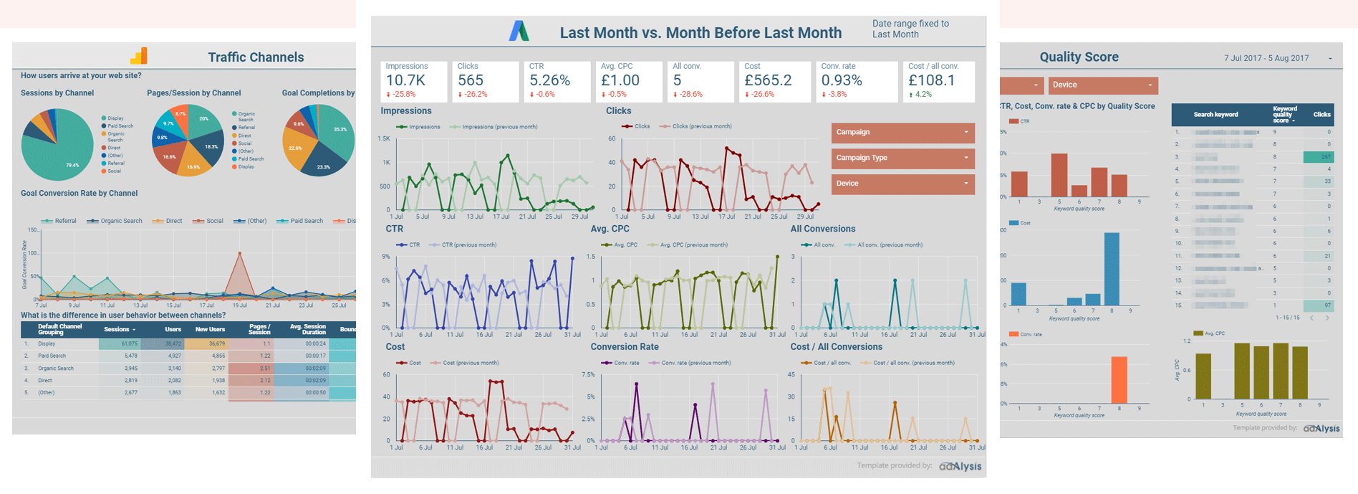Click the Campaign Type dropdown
(902, 158)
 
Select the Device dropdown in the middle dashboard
(902, 184)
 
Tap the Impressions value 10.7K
(405, 80)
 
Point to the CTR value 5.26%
(549, 80)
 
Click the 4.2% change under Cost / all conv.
(923, 94)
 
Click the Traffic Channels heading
(256, 57)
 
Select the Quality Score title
(1079, 57)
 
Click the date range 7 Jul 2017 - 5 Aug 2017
(1266, 58)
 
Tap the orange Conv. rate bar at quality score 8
(1119, 380)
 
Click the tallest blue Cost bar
(1112, 269)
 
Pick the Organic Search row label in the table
(56, 369)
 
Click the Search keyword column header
(1215, 115)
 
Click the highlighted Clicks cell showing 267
(1318, 156)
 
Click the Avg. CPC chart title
(610, 229)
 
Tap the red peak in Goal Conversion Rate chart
(239, 253)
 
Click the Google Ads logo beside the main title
(519, 32)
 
